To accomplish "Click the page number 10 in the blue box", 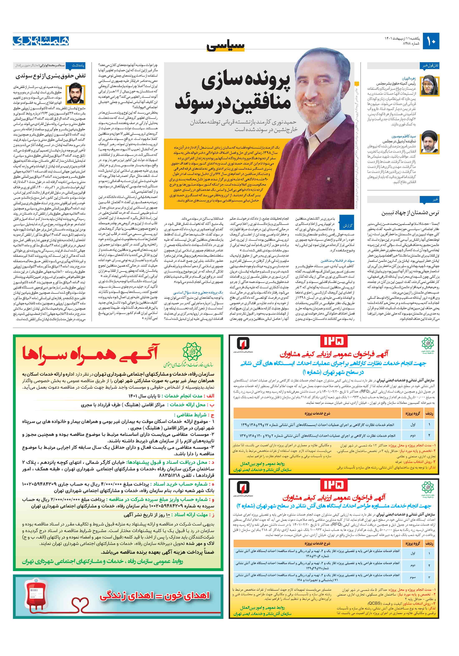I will point(431,41).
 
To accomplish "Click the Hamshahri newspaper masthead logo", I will point(41,41).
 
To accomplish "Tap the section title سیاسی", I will point(226,46).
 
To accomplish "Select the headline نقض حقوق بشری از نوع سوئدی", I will point(50,76).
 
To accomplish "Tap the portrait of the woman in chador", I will point(427,86).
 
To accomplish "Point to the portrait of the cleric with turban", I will point(427,142).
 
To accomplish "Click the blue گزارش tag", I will point(347,225).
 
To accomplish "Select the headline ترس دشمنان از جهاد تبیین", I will point(410,213).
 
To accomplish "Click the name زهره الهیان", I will point(409,78).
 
